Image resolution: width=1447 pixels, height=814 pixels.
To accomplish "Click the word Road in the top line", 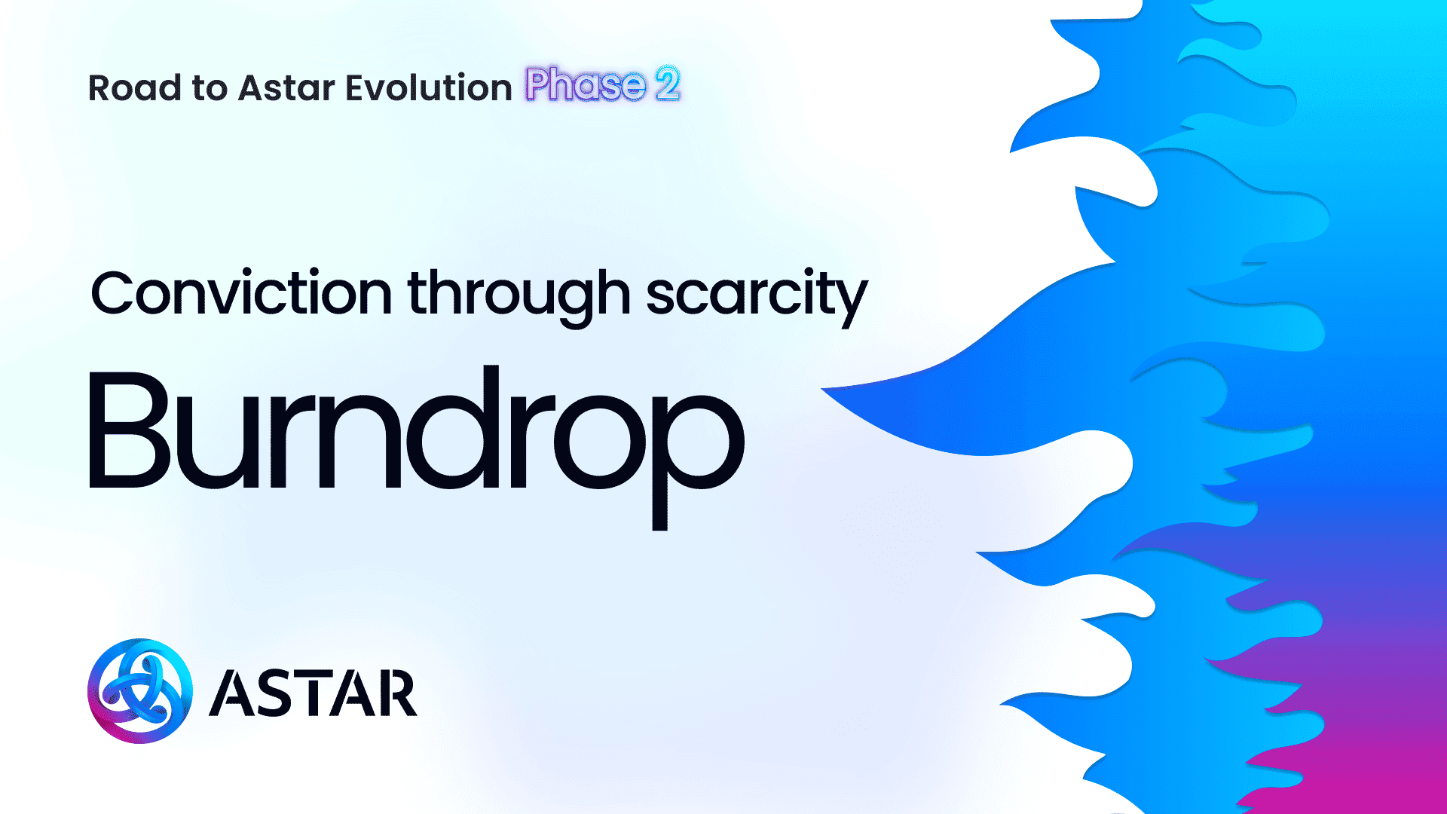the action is (134, 87).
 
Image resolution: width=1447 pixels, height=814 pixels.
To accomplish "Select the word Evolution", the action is (429, 87).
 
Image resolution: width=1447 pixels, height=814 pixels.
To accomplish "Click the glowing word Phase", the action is (586, 84).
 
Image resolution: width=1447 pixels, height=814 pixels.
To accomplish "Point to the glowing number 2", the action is (668, 84).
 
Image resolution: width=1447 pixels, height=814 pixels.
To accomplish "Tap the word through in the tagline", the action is (519, 297).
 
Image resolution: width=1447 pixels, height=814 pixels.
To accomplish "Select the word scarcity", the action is (757, 297).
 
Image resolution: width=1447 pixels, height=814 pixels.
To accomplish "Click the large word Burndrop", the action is (417, 447).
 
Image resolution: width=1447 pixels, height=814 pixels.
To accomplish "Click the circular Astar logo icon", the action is (140, 691).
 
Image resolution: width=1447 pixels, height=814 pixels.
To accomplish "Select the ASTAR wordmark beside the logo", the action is (313, 693).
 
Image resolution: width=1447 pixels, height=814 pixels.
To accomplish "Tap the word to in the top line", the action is (210, 89).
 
